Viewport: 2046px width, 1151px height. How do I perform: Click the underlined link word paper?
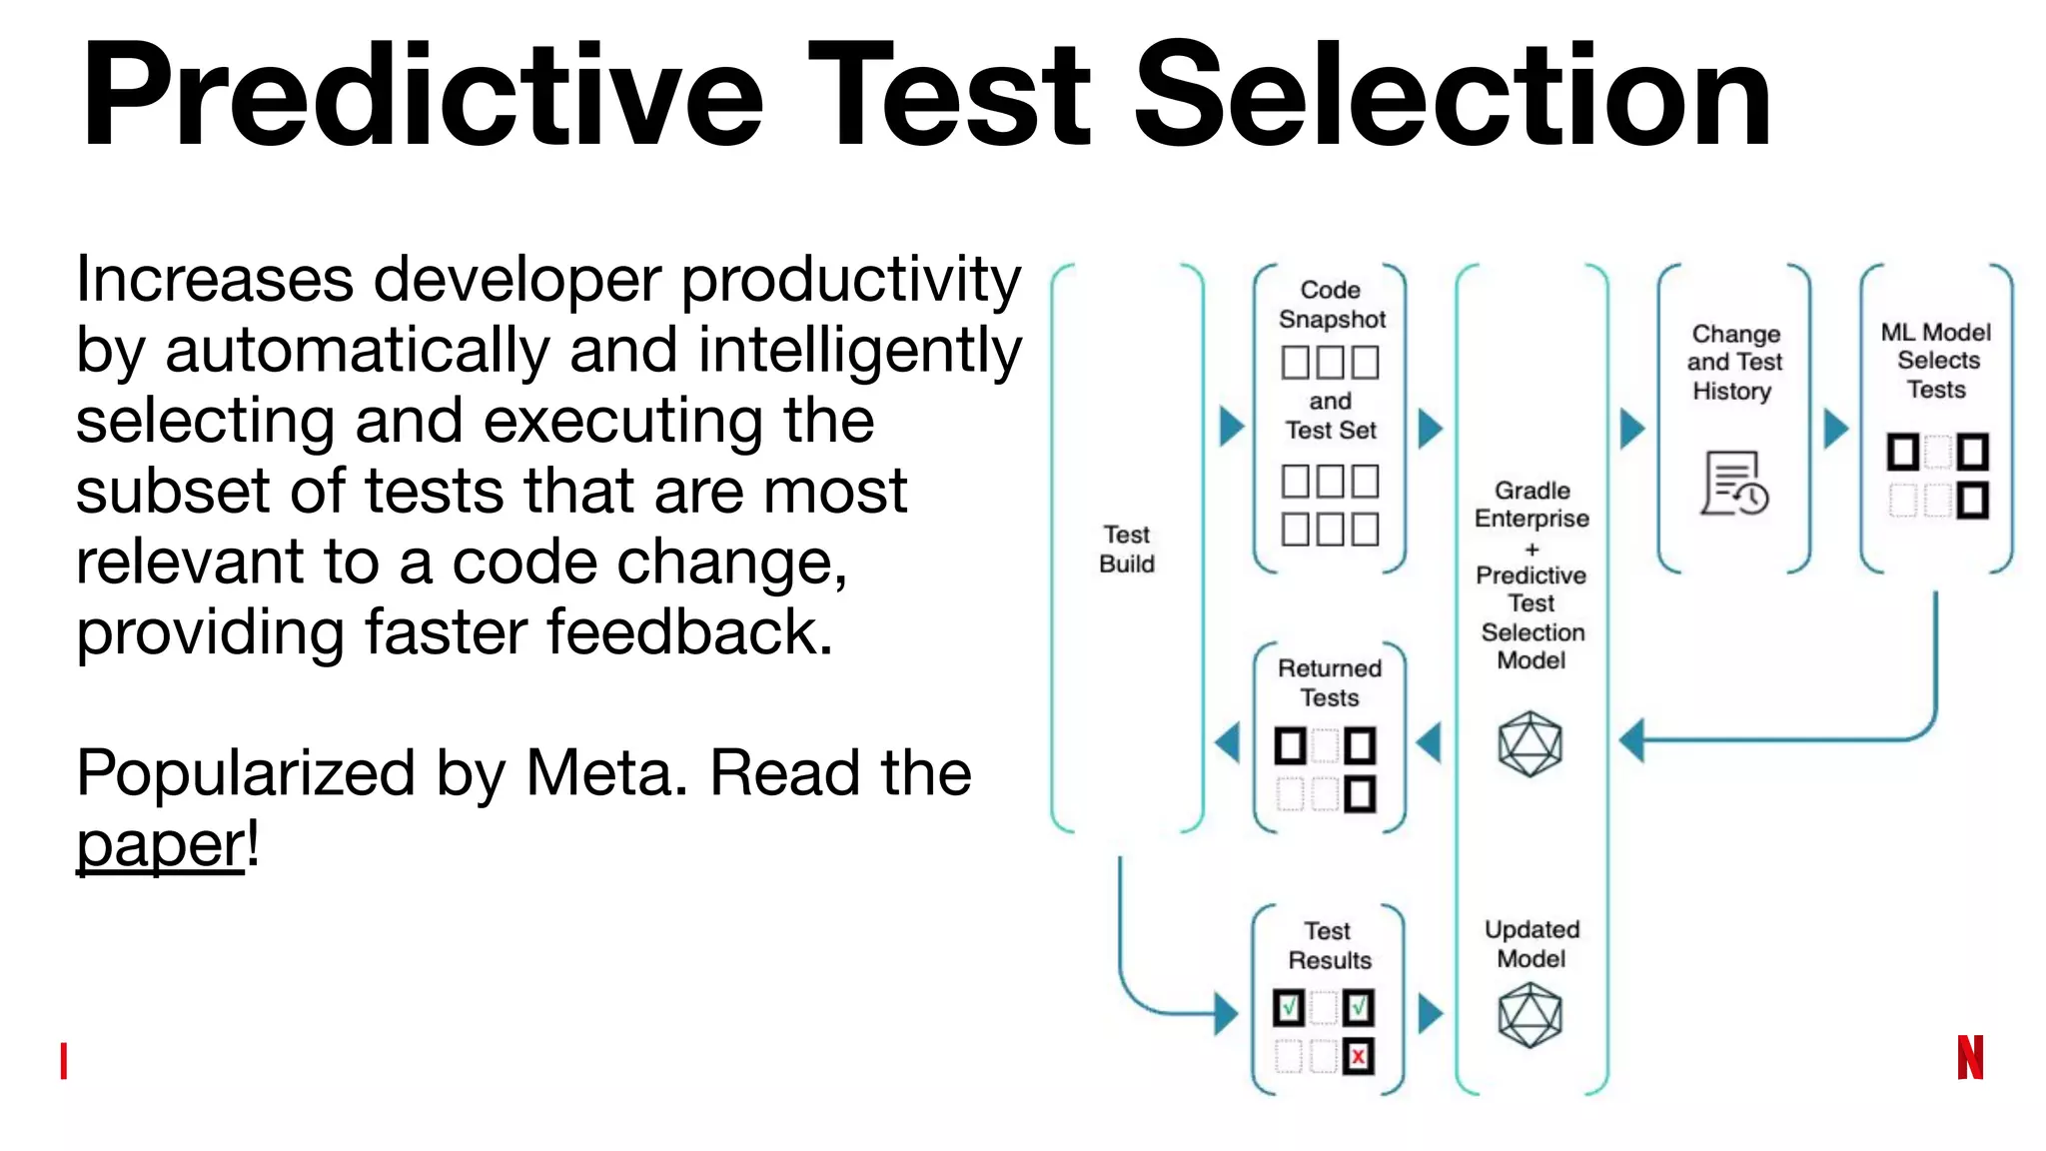pos(160,845)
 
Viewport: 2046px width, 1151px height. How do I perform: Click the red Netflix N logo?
pos(1970,1057)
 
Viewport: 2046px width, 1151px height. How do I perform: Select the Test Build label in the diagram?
pos(1127,550)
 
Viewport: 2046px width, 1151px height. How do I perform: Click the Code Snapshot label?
pos(1331,305)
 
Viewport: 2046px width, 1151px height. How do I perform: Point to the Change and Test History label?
pos(1735,362)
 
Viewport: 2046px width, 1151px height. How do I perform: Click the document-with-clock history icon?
pos(1734,484)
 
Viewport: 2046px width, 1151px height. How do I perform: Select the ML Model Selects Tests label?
pos(1936,361)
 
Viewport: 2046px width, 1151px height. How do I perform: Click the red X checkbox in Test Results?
pos(1359,1056)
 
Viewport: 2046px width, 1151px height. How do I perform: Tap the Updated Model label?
pos(1532,944)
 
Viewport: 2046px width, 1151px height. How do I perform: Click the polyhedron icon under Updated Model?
pos(1530,1015)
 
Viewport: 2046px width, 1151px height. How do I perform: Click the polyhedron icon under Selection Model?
pos(1530,744)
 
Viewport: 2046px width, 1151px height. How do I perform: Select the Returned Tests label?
pos(1330,682)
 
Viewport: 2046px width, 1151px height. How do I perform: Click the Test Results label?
pos(1329,945)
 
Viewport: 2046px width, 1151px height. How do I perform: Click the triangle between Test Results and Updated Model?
pos(1431,1013)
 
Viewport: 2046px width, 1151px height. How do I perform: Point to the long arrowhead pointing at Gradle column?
pos(1632,740)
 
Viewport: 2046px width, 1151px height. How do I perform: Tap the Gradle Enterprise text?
pos(1532,505)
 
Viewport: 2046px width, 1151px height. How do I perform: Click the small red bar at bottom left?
pos(64,1060)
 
